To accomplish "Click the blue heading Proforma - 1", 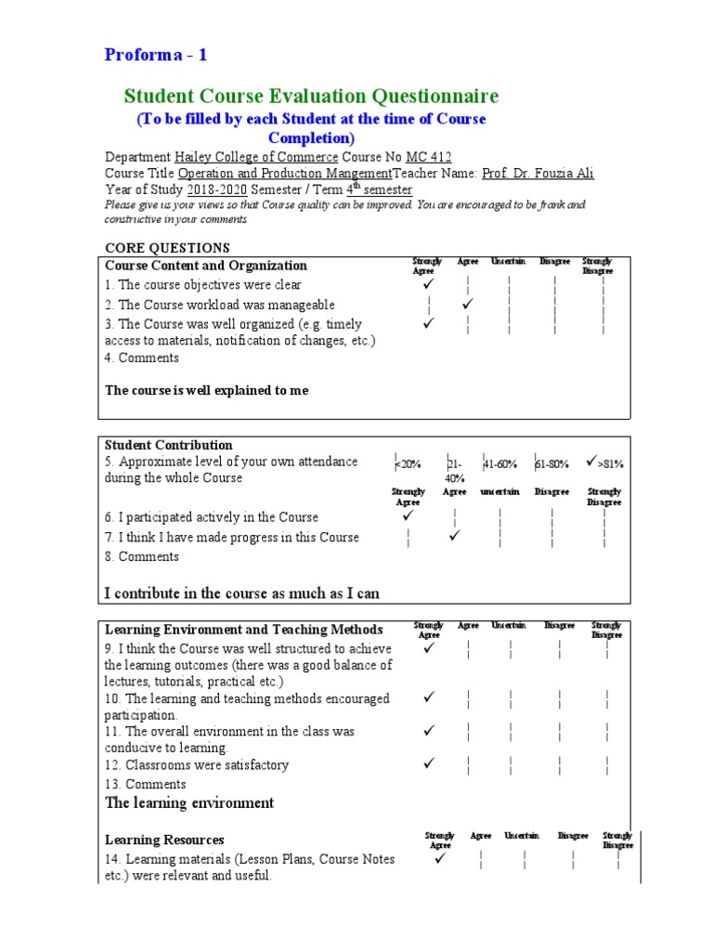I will click(156, 55).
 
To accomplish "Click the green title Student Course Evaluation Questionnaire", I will click(311, 97).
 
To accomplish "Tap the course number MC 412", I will click(429, 157).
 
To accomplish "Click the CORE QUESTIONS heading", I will click(167, 247).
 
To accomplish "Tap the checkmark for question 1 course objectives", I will click(428, 283).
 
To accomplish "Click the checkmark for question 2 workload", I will click(468, 304).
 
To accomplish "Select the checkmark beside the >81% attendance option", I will click(591, 461).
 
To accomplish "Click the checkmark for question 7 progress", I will click(455, 536).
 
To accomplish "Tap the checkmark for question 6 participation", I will click(407, 515).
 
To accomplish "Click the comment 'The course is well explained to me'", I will click(206, 391).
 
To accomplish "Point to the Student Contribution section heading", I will click(168, 445).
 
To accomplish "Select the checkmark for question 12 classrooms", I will click(429, 763).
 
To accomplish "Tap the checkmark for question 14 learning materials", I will click(440, 858).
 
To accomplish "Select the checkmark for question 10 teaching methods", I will click(429, 697).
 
